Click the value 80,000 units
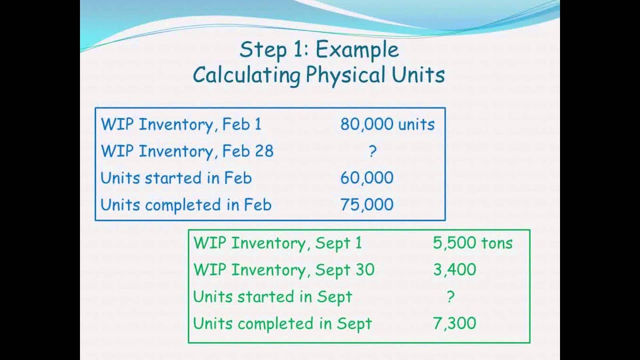click(387, 124)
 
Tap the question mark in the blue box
click(372, 151)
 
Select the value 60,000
click(366, 178)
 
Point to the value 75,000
click(366, 204)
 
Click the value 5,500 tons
click(472, 243)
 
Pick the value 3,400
click(454, 270)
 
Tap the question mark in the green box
click(450, 297)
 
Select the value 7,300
click(454, 323)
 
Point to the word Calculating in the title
click(246, 75)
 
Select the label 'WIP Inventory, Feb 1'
click(181, 124)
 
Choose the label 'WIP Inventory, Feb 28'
click(187, 151)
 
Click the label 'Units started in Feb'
click(176, 178)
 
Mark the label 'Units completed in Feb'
click(185, 204)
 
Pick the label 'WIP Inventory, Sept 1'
click(277, 243)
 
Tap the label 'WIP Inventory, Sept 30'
click(283, 270)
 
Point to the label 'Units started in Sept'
click(272, 297)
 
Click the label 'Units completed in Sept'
click(282, 323)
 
